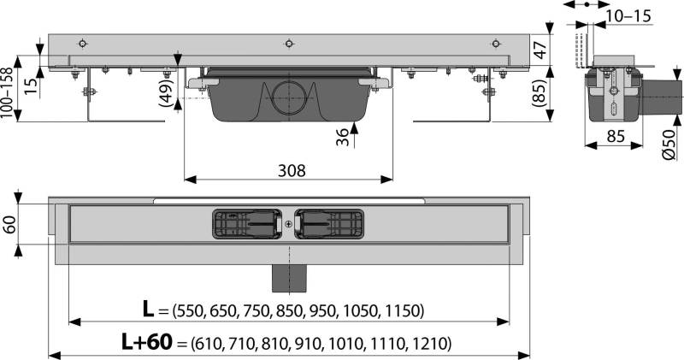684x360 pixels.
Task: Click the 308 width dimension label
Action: pyautogui.click(x=290, y=170)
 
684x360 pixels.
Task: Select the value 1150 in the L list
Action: pyautogui.click(x=403, y=310)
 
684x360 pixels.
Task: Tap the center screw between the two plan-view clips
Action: pyautogui.click(x=289, y=225)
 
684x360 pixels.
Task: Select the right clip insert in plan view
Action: pyautogui.click(x=330, y=224)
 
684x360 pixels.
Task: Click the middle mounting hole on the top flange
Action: pyautogui.click(x=289, y=44)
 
